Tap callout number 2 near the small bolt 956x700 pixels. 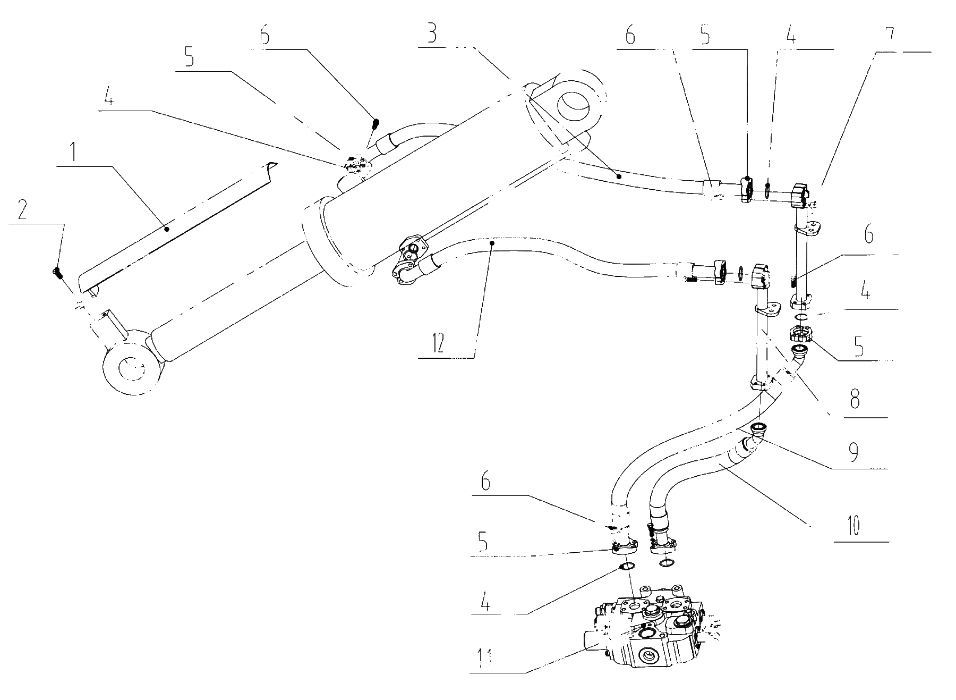click(x=22, y=211)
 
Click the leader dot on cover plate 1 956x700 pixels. click(x=167, y=229)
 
